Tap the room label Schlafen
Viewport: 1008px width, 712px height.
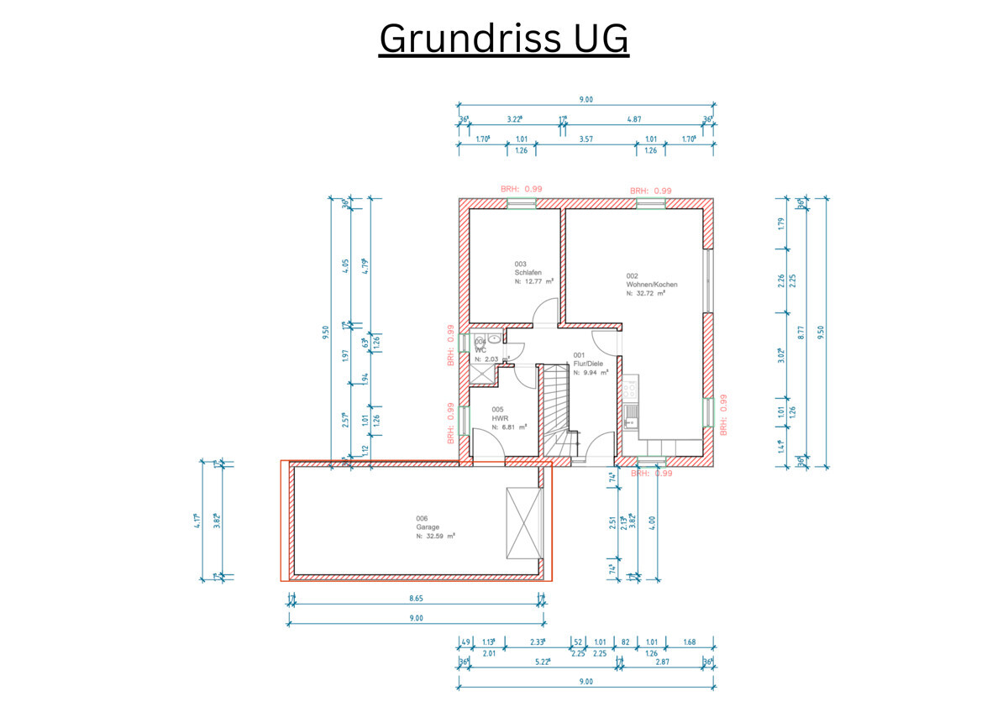tap(528, 273)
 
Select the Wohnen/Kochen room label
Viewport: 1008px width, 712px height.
tap(652, 285)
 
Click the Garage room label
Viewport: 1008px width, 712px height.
tap(428, 527)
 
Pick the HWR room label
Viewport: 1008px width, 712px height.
tap(499, 417)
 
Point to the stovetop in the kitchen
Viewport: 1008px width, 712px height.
tap(630, 388)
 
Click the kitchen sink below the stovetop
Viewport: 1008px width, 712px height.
tap(630, 416)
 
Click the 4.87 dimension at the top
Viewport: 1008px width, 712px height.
tap(635, 120)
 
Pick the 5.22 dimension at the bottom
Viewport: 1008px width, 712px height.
tap(541, 662)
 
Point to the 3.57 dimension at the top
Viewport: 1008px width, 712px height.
tap(586, 139)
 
